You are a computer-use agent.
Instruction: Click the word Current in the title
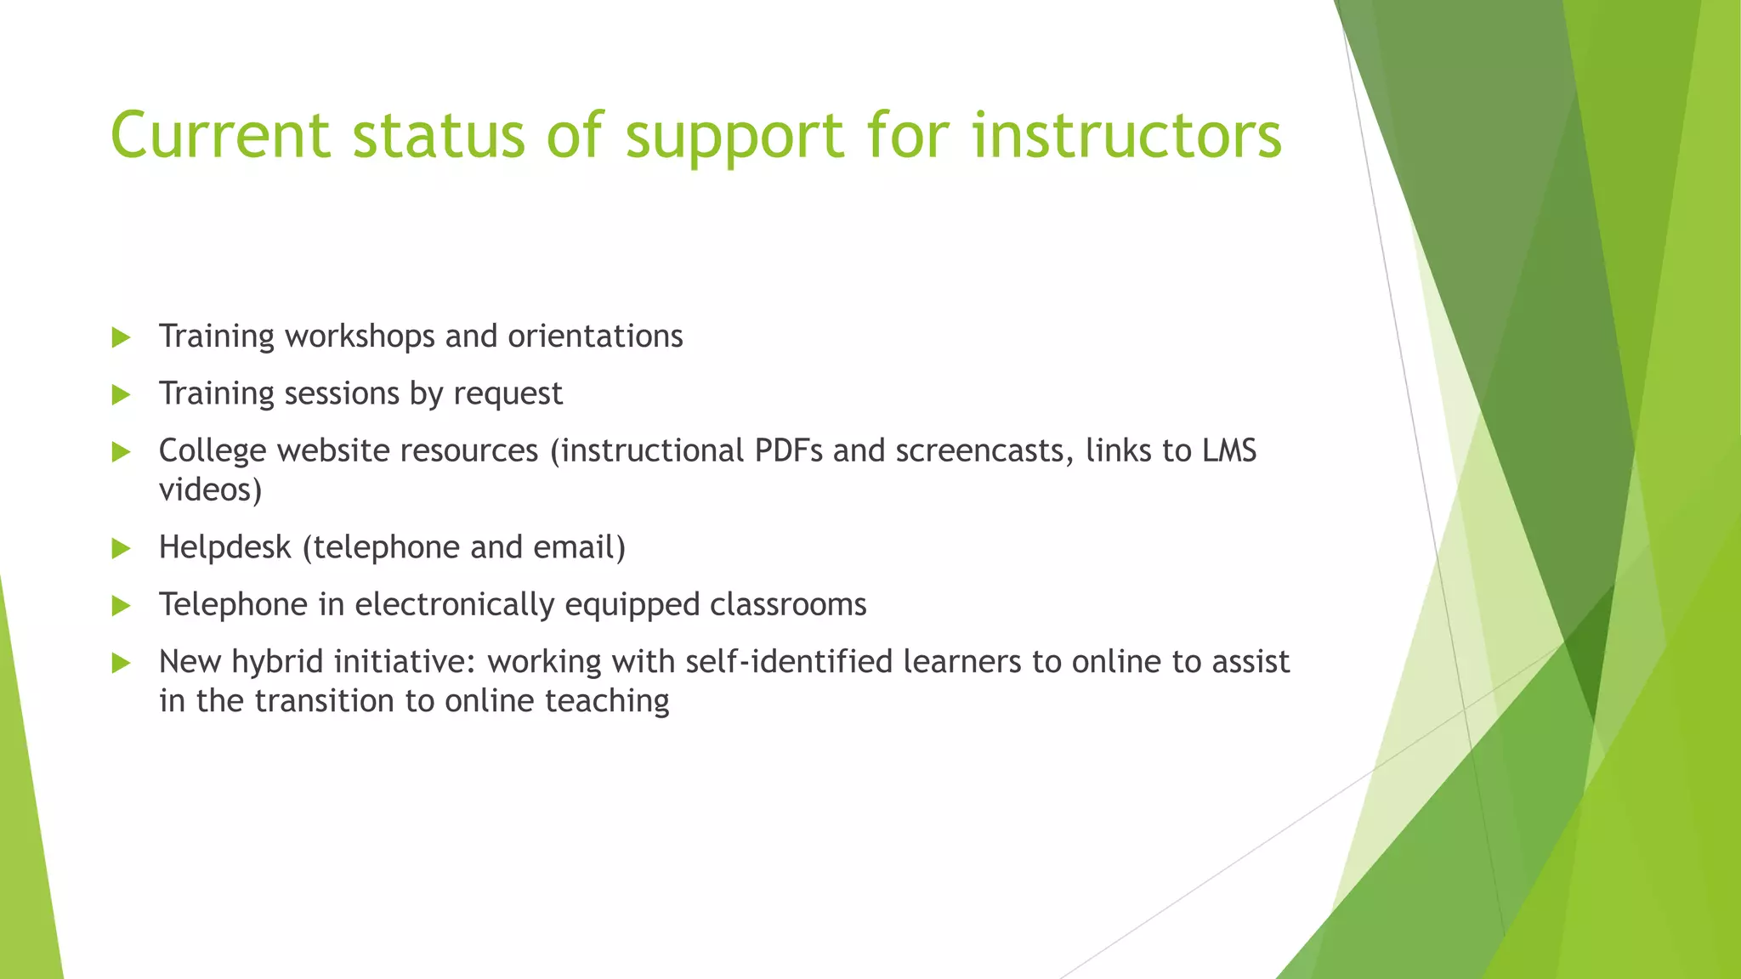[220, 135]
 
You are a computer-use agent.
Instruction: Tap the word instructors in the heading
[1126, 135]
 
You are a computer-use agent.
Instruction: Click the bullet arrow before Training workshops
[121, 337]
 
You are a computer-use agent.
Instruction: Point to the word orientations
[595, 337]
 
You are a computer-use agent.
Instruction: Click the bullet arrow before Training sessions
[121, 394]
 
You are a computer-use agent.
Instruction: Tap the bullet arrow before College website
[121, 451]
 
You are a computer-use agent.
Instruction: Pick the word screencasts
[984, 450]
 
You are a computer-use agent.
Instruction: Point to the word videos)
[210, 490]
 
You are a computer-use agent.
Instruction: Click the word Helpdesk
[224, 548]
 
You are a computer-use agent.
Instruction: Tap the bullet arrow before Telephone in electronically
[121, 605]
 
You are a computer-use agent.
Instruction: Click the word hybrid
[277, 661]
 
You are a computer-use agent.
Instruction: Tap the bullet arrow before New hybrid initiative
[121, 663]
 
